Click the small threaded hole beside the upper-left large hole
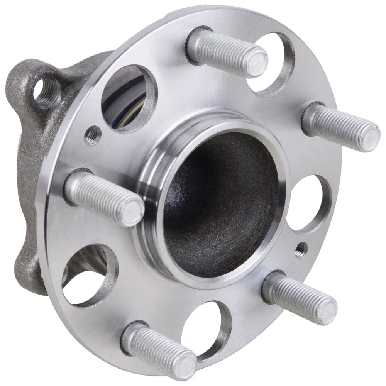[93, 135]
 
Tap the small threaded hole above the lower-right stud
[301, 249]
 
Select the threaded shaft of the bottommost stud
[154, 345]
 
